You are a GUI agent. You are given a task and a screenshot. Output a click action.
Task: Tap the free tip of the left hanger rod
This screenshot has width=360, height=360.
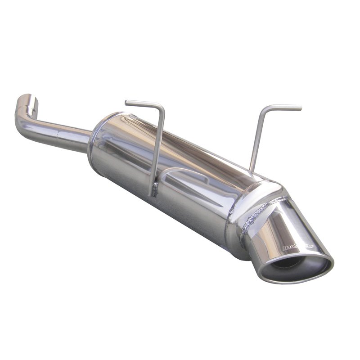tap(126, 102)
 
